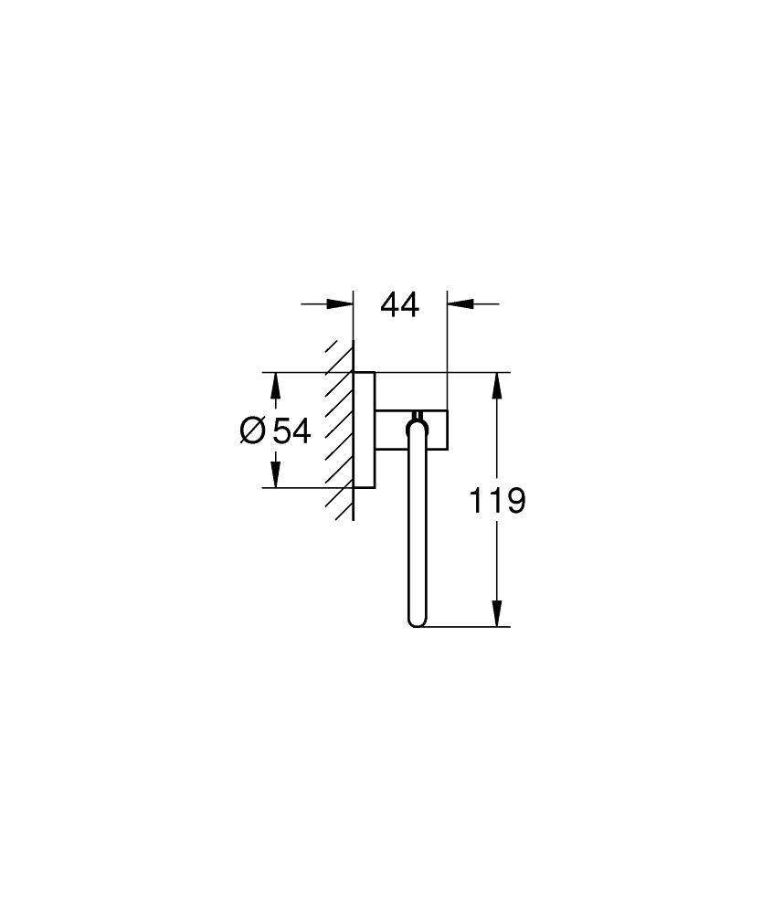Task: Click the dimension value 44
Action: point(399,305)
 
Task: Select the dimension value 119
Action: point(497,500)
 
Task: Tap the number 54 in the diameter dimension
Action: point(291,430)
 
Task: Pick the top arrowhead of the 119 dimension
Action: point(497,385)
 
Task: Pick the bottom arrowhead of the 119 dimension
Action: point(497,614)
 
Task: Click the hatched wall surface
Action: point(341,430)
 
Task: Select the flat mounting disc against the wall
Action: point(364,430)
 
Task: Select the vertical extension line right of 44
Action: point(447,347)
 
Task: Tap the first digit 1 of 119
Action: point(476,500)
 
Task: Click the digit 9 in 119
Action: point(515,500)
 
